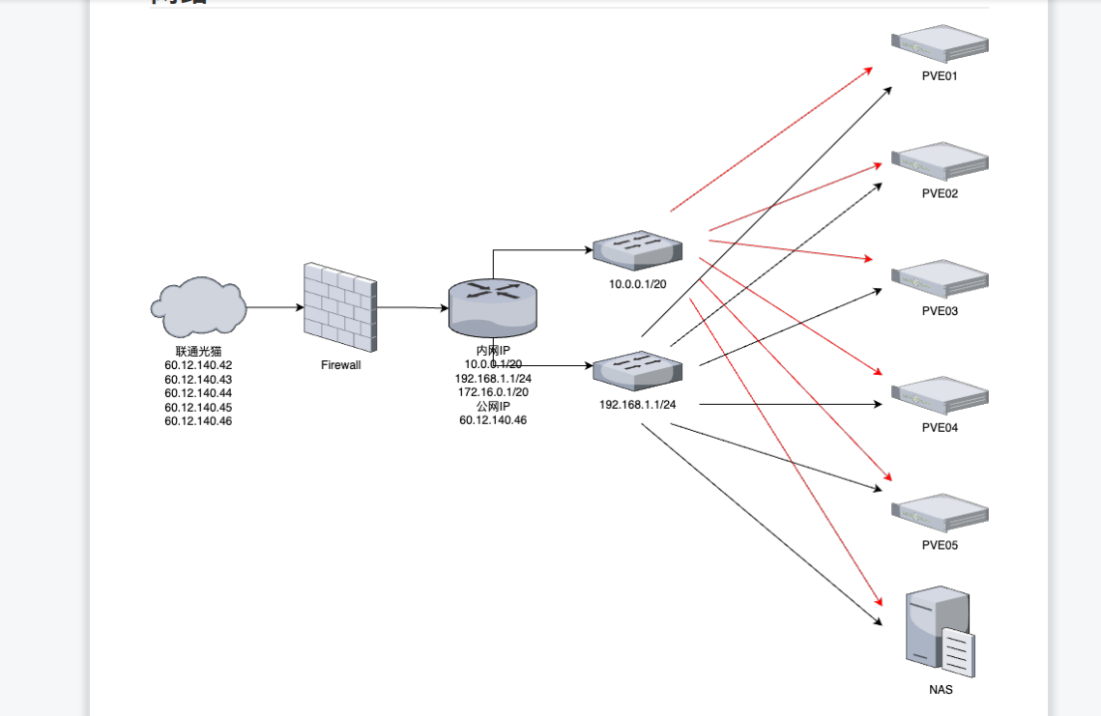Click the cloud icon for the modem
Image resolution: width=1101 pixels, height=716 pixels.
click(198, 305)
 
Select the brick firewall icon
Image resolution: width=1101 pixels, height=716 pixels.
click(340, 306)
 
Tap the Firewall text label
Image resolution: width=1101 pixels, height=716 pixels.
click(340, 365)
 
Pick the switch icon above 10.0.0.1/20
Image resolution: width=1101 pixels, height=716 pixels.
click(638, 250)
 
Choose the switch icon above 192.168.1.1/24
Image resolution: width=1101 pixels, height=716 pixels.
click(638, 370)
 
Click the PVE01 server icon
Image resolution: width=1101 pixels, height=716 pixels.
click(940, 43)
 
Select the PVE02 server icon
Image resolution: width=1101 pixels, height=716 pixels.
click(940, 160)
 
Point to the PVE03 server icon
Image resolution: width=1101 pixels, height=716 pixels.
click(940, 278)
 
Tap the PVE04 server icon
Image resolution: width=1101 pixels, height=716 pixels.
click(940, 394)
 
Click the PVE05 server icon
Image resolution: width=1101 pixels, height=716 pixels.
click(940, 512)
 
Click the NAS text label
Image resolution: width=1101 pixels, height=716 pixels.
click(941, 690)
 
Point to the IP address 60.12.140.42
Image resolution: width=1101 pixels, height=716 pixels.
click(198, 365)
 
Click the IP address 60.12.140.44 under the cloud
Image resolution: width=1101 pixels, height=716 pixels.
click(198, 393)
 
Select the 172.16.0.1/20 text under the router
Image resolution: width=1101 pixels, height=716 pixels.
click(493, 392)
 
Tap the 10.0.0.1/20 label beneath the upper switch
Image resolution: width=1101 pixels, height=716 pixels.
click(637, 285)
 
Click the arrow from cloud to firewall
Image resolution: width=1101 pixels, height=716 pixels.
click(275, 307)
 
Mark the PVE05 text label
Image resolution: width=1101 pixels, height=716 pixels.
click(940, 545)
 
